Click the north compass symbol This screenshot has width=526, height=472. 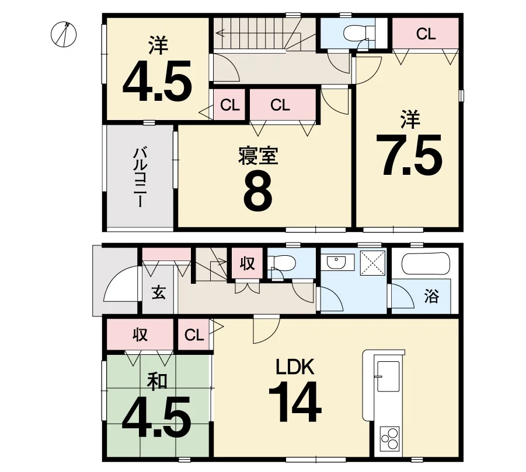click(64, 34)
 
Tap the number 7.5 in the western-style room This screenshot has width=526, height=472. click(409, 155)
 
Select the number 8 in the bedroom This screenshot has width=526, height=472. click(257, 194)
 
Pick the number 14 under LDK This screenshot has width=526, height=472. click(295, 401)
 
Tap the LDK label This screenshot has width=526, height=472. click(295, 367)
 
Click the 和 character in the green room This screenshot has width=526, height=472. click(156, 382)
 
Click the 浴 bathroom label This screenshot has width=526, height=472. click(431, 295)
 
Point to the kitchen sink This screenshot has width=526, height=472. click(388, 376)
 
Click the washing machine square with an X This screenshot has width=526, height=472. click(372, 263)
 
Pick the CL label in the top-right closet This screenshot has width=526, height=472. click(426, 34)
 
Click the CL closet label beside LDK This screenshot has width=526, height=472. click(194, 334)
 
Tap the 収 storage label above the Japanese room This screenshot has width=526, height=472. click(140, 334)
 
